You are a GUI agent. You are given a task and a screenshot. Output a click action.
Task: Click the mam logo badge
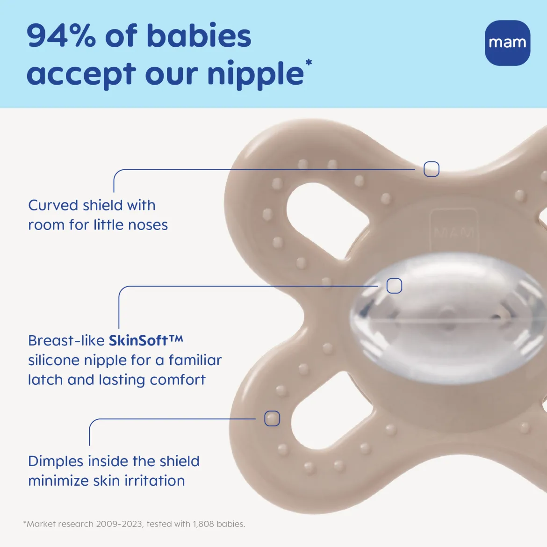(x=507, y=43)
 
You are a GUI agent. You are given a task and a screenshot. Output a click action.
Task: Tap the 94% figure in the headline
(x=61, y=36)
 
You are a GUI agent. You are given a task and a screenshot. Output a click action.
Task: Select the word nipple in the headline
(x=255, y=74)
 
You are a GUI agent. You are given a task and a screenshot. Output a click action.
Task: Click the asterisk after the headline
(x=309, y=63)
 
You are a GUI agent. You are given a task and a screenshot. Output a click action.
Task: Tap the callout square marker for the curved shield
(x=431, y=169)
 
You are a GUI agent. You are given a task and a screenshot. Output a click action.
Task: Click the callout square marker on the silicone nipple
(x=394, y=286)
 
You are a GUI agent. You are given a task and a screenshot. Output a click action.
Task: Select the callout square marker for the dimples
(x=272, y=418)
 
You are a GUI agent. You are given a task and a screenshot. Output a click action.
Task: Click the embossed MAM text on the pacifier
(x=454, y=232)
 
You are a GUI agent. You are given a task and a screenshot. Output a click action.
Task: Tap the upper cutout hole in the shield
(x=324, y=220)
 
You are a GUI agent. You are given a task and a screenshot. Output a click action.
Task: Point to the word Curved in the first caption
(x=53, y=205)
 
